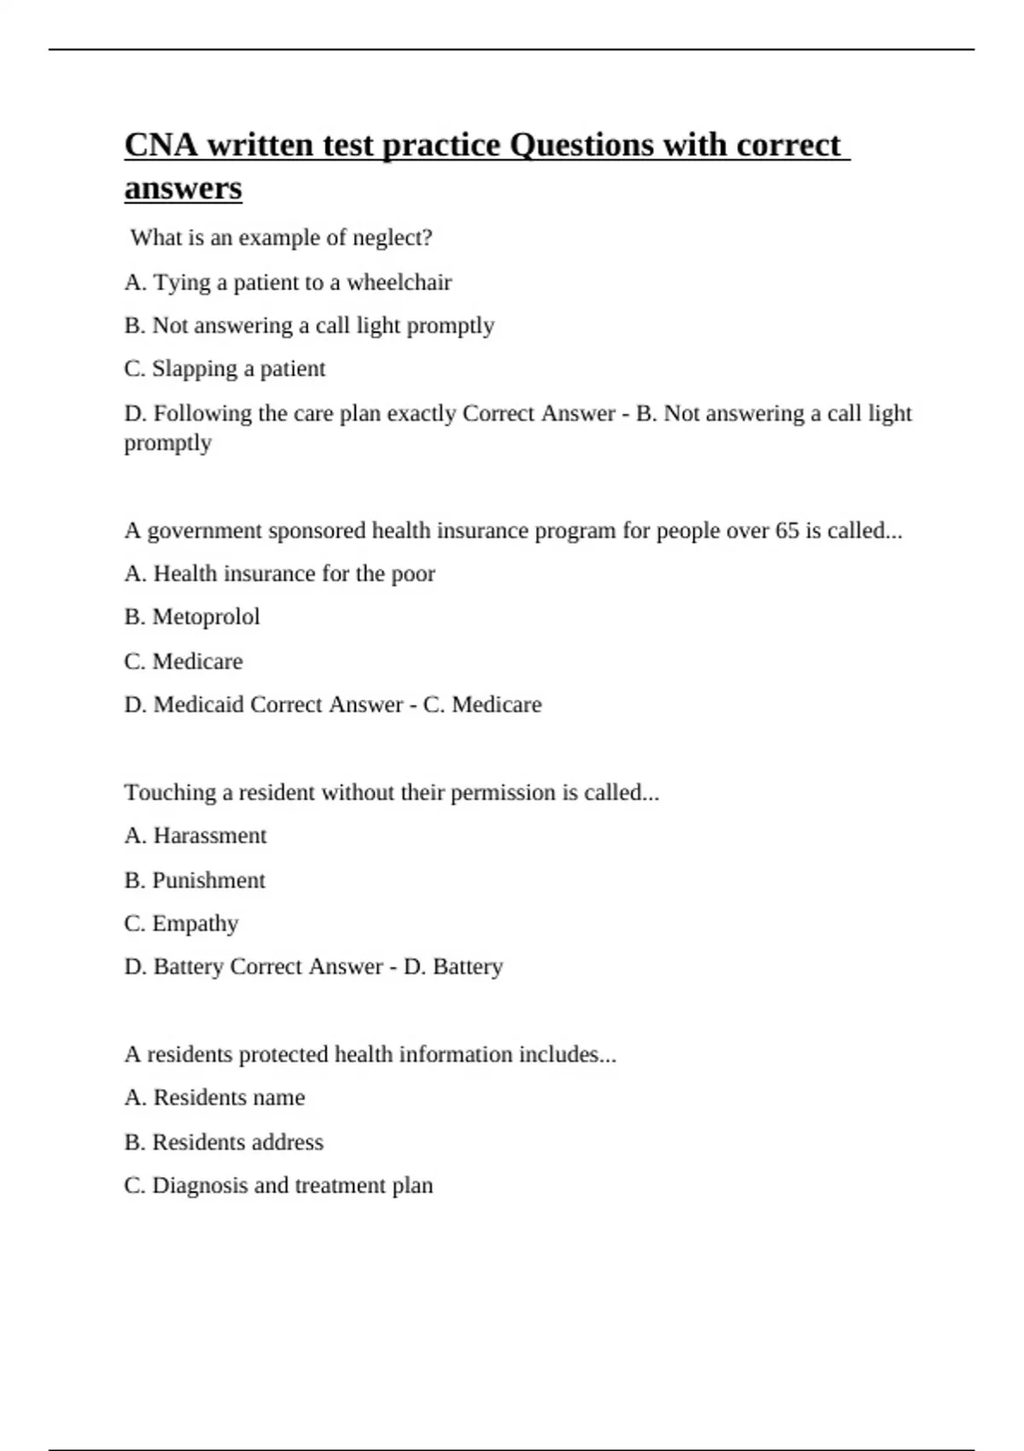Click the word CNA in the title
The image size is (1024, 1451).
(161, 145)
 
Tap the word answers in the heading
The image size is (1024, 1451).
(183, 189)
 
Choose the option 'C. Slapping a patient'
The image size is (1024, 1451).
(224, 369)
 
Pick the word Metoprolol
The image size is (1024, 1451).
(206, 617)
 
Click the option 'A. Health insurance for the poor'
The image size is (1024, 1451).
(279, 574)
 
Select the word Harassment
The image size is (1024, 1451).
(210, 836)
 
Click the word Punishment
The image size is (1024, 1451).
(208, 880)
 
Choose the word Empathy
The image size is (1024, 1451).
(195, 924)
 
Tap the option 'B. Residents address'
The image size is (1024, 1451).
(224, 1142)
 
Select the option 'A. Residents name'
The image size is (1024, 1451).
(214, 1098)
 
